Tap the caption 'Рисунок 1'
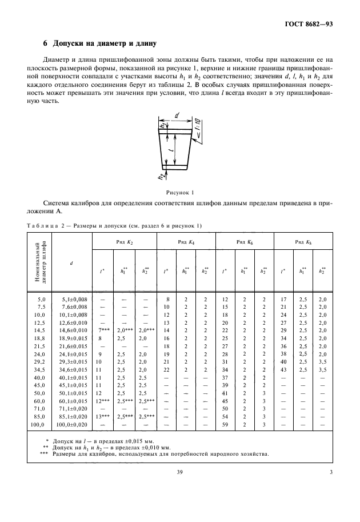[180, 193]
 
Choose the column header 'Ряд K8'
[303, 242]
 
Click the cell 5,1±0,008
[71, 299]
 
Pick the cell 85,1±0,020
[71, 417]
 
